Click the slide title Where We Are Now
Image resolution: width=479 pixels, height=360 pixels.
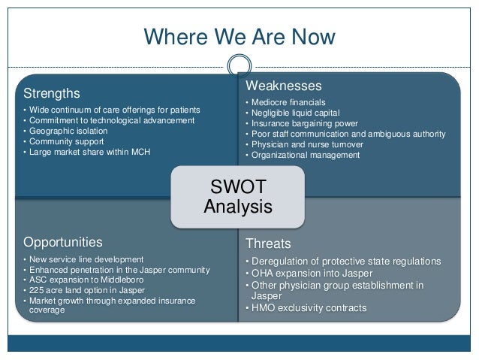[x=239, y=36]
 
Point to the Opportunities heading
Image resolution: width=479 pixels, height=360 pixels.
[x=63, y=242]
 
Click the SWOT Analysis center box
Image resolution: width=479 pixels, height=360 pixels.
[x=239, y=195]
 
